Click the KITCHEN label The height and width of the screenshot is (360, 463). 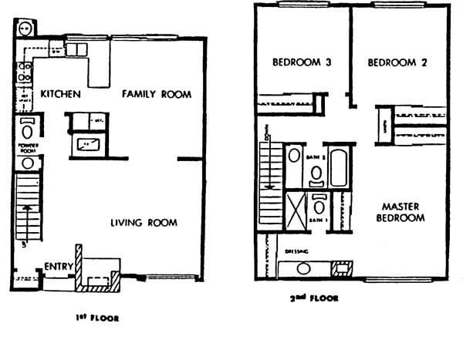pos(60,94)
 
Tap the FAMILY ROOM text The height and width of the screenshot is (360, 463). pos(157,94)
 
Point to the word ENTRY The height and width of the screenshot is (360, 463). pos(58,267)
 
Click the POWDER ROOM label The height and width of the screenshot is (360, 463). pos(27,147)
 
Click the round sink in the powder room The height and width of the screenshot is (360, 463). pos(27,163)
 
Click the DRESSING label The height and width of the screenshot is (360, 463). pos(296,251)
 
